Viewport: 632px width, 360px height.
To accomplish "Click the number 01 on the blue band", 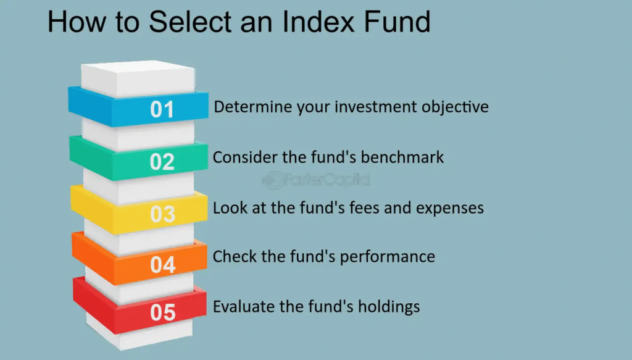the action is (x=162, y=109).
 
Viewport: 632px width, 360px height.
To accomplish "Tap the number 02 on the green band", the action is (x=162, y=162).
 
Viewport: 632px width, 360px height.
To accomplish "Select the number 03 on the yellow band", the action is (x=163, y=214).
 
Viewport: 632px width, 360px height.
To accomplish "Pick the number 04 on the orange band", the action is (x=163, y=265).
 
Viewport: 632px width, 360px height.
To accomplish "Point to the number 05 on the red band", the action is (x=163, y=312).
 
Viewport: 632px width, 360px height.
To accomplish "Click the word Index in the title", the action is (x=318, y=22).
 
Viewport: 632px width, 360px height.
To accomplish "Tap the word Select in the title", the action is (x=190, y=22).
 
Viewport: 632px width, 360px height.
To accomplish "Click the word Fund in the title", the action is (x=397, y=22).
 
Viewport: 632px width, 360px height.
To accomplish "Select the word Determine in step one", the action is (x=253, y=107).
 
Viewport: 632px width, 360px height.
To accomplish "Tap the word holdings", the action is (x=389, y=308).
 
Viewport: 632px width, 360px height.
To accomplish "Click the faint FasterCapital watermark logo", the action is (x=316, y=180).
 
